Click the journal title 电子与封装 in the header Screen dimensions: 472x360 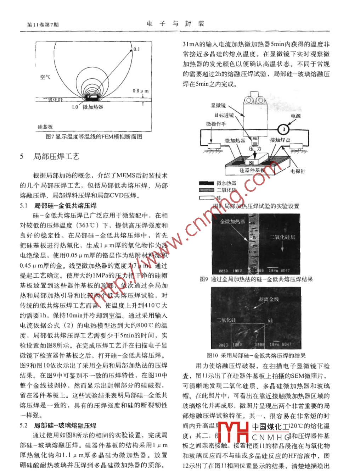(x=175, y=24)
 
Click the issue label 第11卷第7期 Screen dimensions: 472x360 (x=43, y=24)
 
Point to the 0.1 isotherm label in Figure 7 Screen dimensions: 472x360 (x=136, y=49)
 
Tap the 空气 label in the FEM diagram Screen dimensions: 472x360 (x=45, y=77)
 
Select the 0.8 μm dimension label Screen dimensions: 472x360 (x=140, y=91)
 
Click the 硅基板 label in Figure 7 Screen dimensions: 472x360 (x=45, y=127)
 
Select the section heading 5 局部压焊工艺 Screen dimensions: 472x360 (x=50, y=156)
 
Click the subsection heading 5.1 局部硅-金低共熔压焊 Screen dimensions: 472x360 (x=58, y=205)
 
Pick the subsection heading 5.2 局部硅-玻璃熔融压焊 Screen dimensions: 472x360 (x=58, y=425)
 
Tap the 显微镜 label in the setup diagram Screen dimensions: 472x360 (x=218, y=105)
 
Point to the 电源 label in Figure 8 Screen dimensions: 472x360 (x=296, y=116)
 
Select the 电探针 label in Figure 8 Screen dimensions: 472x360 (x=298, y=171)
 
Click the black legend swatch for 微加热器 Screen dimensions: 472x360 (x=206, y=183)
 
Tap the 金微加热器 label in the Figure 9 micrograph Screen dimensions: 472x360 (x=232, y=222)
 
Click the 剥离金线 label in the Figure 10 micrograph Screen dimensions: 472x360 (x=269, y=299)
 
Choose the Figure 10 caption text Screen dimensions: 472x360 (x=256, y=355)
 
